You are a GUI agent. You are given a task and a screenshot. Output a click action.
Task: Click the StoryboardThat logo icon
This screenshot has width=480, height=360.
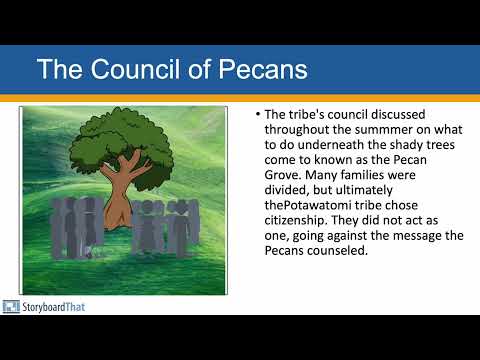[11, 307]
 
